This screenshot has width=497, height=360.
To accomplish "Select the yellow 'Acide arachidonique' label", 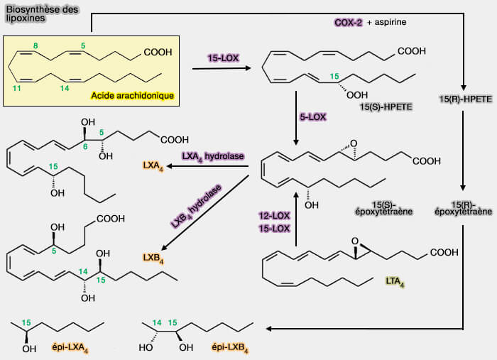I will [133, 95].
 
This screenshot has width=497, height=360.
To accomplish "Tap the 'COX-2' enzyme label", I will [349, 23].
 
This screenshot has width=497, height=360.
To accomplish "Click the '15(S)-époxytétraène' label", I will [376, 207].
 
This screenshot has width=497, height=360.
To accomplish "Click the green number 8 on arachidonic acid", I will [35, 46].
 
